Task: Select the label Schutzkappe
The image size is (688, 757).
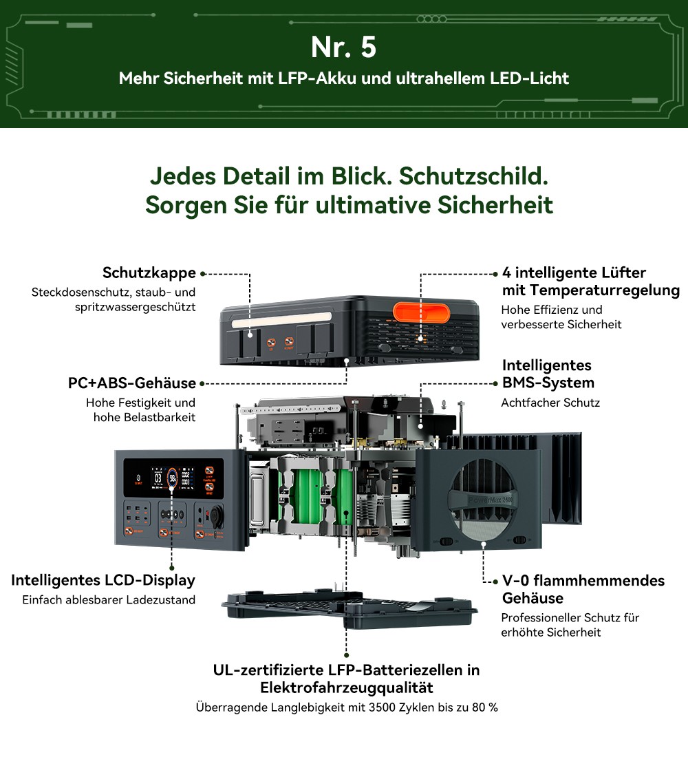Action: [149, 273]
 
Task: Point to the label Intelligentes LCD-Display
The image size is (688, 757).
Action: [103, 580]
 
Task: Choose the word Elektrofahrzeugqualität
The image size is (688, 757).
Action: [346, 687]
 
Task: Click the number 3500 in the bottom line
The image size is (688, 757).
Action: [381, 707]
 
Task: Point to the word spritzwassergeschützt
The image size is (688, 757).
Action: [135, 306]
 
